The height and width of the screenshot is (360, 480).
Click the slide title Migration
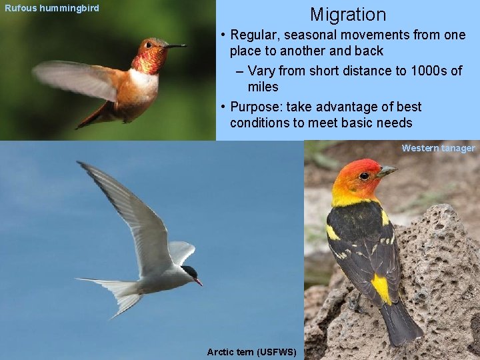point(347,15)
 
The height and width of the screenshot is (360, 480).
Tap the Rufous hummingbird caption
point(52,8)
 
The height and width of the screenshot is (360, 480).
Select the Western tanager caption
point(438,148)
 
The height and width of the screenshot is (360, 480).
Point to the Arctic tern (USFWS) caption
point(251,351)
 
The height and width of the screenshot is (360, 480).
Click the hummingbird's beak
point(176,46)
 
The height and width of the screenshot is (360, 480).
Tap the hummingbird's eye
point(149,45)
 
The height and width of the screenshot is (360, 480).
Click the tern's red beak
point(198,282)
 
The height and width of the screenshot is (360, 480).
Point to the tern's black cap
point(189,272)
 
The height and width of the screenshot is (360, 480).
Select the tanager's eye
point(364,176)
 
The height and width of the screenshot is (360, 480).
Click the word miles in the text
point(263,87)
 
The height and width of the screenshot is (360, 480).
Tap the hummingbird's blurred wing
point(77,78)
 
